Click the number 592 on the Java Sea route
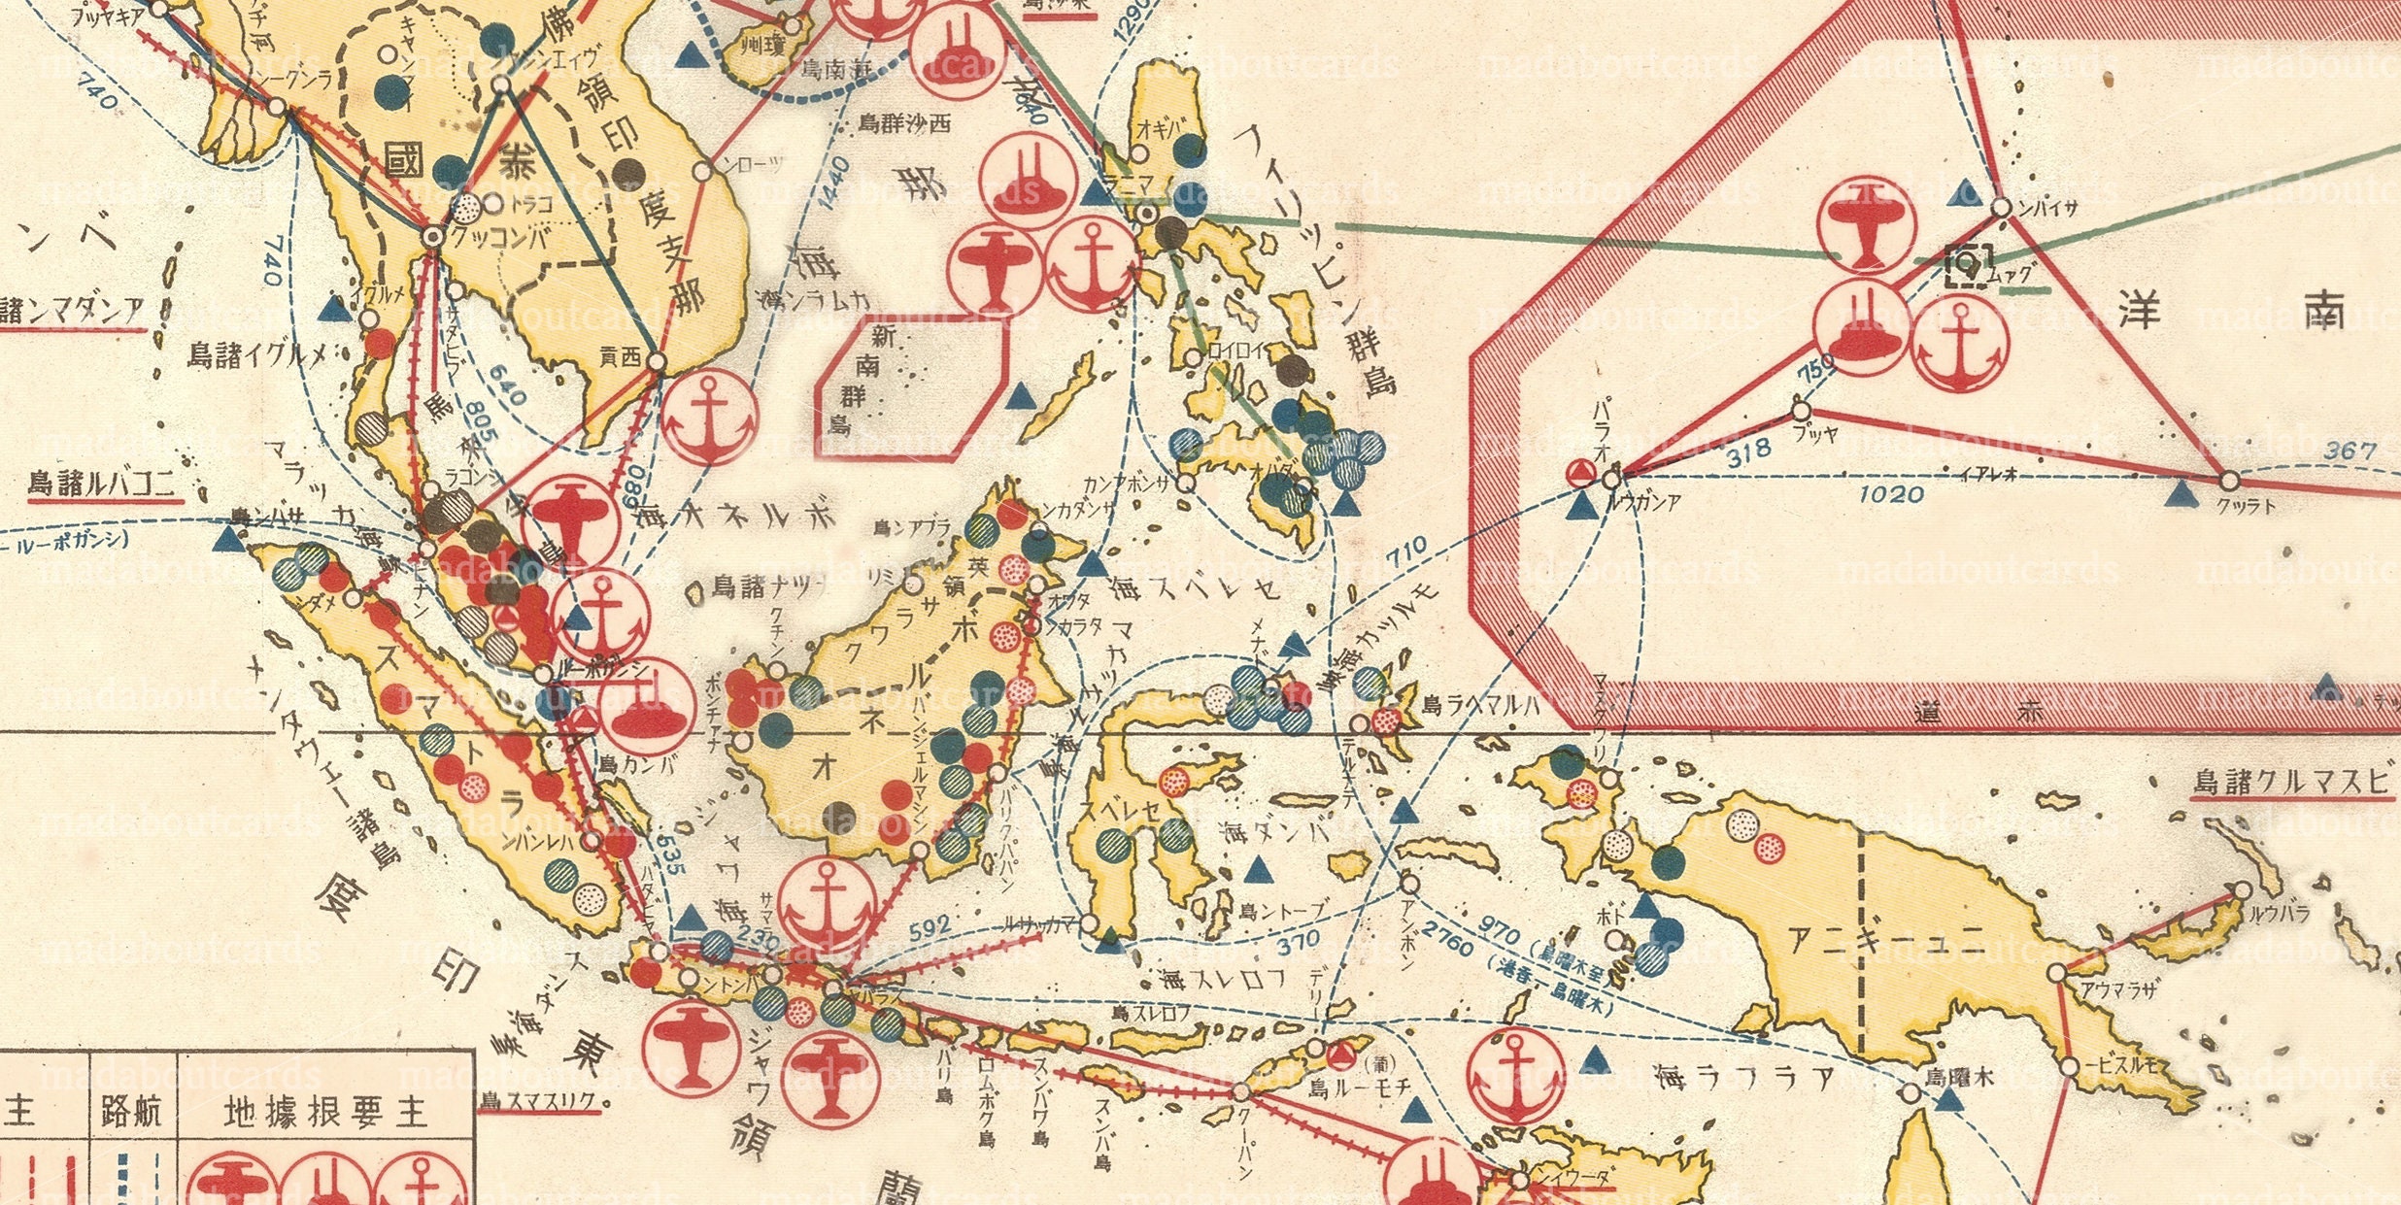(x=929, y=928)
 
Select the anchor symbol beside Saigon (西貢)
(x=710, y=418)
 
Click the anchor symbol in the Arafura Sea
(x=1516, y=1077)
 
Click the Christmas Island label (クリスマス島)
(x=543, y=1102)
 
